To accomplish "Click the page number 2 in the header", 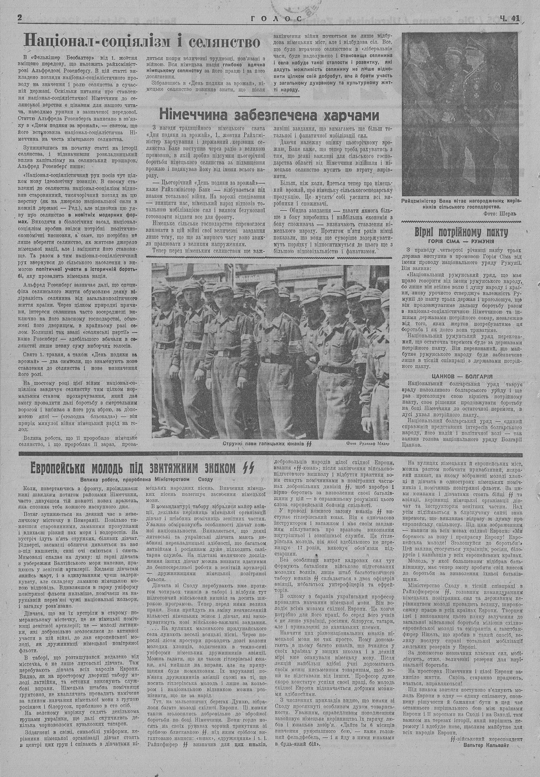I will click(x=20, y=17).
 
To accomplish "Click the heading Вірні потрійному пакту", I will click(x=461, y=231).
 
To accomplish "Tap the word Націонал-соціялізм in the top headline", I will click(x=94, y=41).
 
